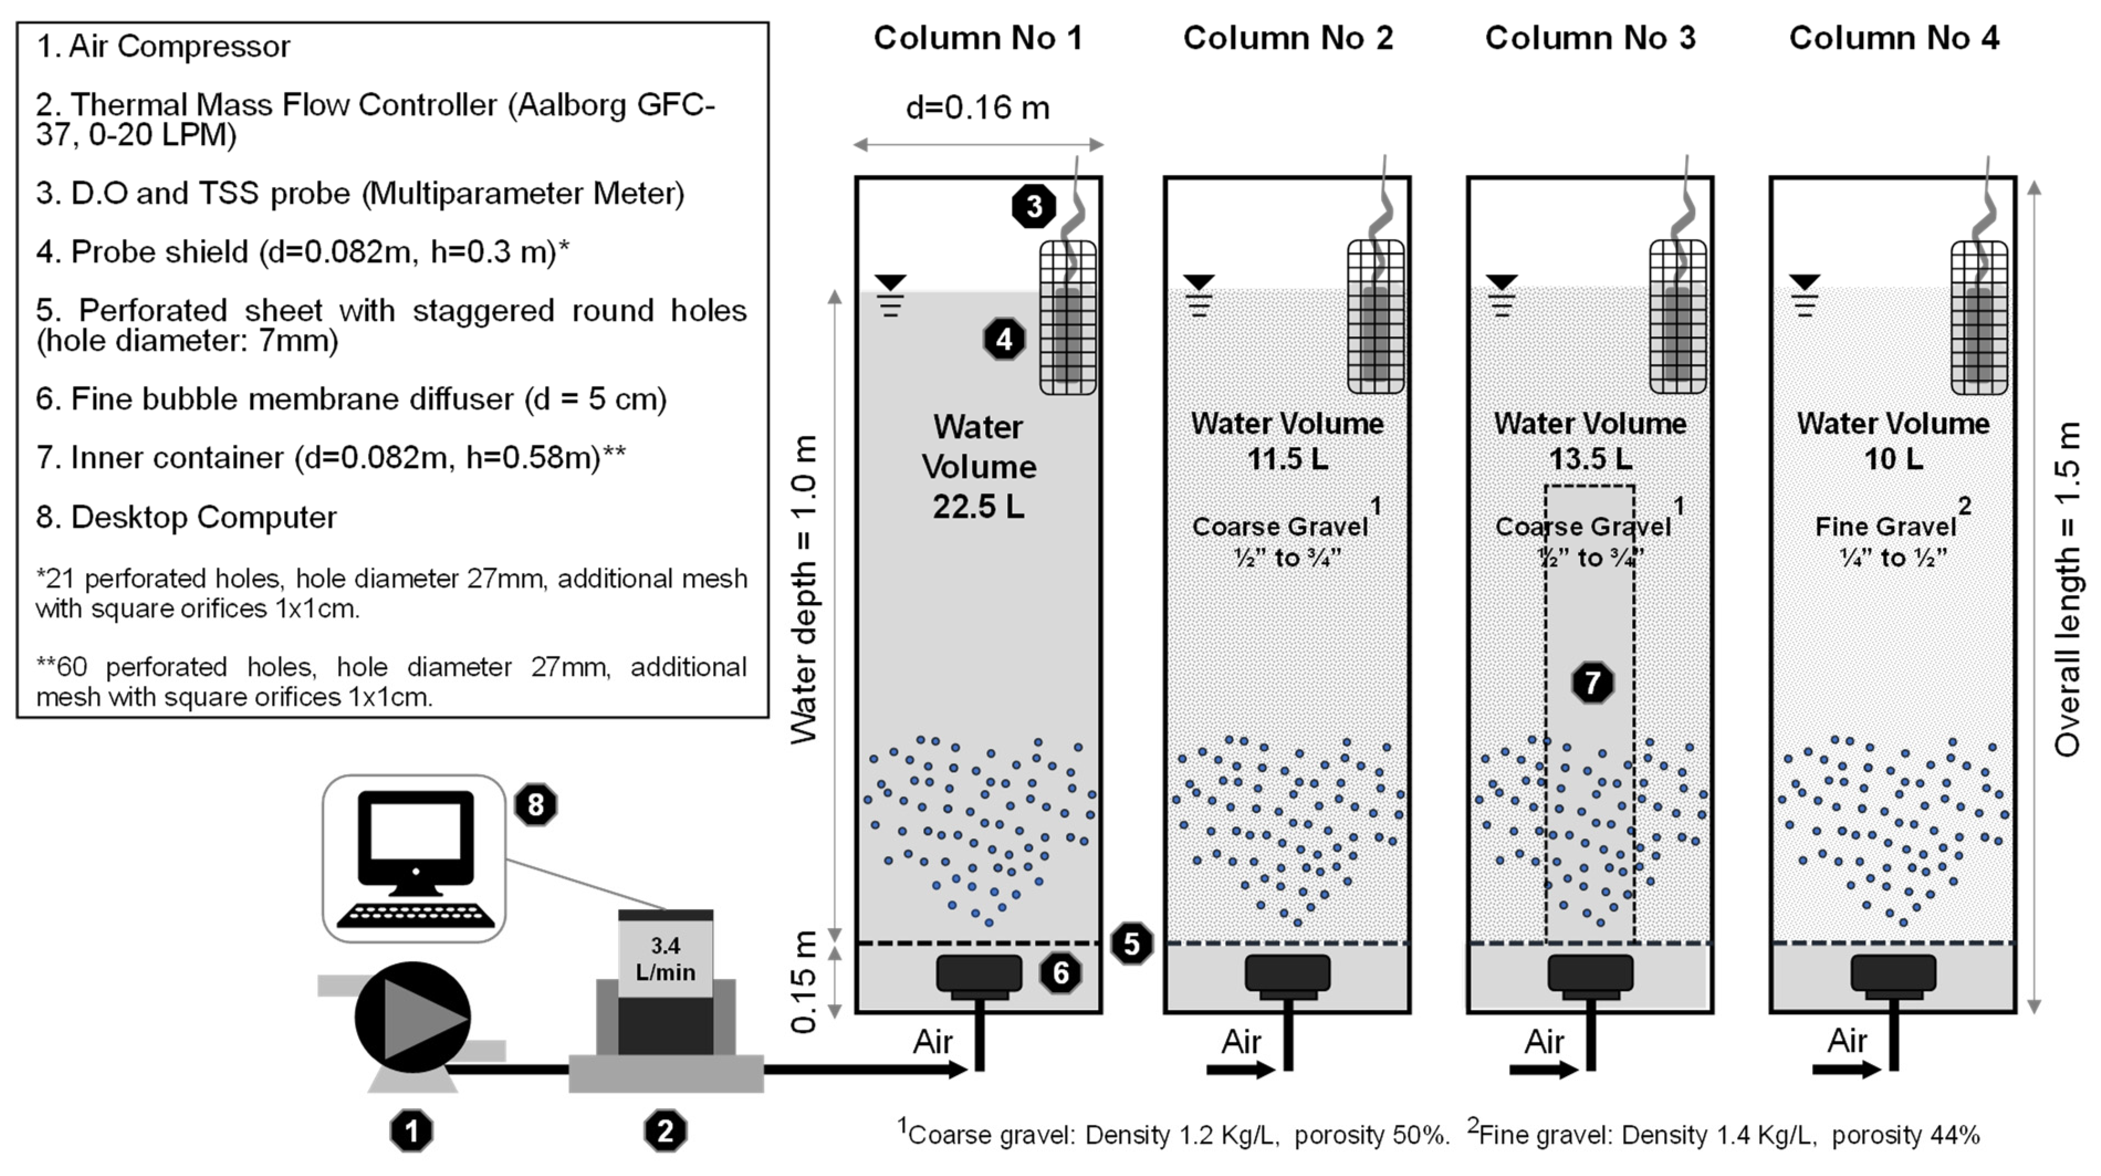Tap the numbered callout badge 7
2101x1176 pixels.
point(1592,683)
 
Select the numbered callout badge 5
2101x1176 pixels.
point(1131,944)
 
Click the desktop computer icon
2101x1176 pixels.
point(415,859)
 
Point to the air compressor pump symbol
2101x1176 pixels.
point(412,1017)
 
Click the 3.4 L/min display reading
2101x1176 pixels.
point(666,959)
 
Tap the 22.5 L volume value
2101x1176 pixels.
point(978,507)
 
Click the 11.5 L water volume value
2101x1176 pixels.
point(1287,459)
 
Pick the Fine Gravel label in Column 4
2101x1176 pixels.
point(1886,527)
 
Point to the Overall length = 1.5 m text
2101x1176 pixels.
point(2068,589)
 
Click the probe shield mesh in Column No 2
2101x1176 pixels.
point(1375,318)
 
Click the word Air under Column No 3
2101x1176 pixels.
point(1544,1042)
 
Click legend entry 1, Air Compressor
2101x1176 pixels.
point(163,46)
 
